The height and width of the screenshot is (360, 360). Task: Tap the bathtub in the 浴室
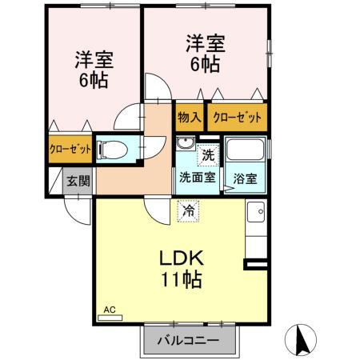[246, 150]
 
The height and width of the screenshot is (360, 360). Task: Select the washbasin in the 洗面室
[185, 143]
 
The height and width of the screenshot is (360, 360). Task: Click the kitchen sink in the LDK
[256, 212]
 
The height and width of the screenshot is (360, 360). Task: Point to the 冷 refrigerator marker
[188, 211]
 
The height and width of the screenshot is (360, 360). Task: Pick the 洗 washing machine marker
[208, 155]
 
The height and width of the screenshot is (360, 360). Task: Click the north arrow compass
[301, 340]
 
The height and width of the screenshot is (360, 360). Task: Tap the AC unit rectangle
[110, 318]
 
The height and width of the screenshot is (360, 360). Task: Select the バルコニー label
[188, 340]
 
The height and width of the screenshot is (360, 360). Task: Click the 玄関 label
[78, 182]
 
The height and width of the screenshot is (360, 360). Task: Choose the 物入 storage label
[190, 117]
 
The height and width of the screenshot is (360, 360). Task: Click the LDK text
[182, 258]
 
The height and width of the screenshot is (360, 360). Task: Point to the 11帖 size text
[182, 279]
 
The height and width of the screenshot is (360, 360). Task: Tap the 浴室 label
[245, 178]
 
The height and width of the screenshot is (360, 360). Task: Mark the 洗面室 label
[197, 178]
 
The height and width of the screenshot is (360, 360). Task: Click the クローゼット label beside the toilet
[70, 150]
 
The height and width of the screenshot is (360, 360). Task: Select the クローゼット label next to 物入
[237, 118]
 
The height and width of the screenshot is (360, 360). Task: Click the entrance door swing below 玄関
[78, 210]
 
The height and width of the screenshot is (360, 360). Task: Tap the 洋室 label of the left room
[94, 59]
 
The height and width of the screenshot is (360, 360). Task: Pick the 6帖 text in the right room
[205, 64]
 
